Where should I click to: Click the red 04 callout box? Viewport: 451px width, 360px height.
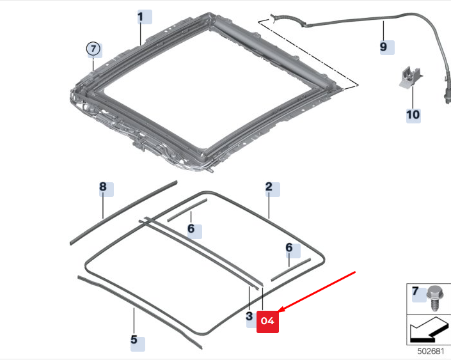click(x=267, y=321)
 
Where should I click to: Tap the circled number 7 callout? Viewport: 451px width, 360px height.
click(x=93, y=48)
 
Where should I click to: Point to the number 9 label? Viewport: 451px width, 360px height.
click(x=384, y=47)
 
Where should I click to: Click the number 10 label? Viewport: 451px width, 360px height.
click(x=413, y=114)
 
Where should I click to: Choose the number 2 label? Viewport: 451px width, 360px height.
click(x=269, y=187)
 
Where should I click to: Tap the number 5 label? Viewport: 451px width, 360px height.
click(x=134, y=340)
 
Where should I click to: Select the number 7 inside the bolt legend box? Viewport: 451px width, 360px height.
click(x=416, y=293)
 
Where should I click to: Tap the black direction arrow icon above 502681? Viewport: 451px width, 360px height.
click(x=428, y=329)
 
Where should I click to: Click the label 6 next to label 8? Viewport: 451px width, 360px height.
click(x=191, y=229)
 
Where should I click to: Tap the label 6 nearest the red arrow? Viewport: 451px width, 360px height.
click(x=289, y=247)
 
